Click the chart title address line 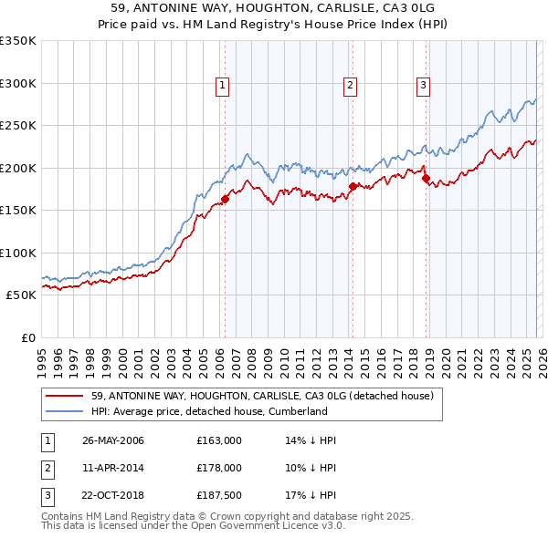coord(273,8)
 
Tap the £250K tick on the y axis coord(18,126)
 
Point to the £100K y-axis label coord(18,253)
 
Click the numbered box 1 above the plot coord(223,87)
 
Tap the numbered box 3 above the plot coord(424,87)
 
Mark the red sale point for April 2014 coord(352,187)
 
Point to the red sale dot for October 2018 coord(426,179)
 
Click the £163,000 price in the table coord(219,440)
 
